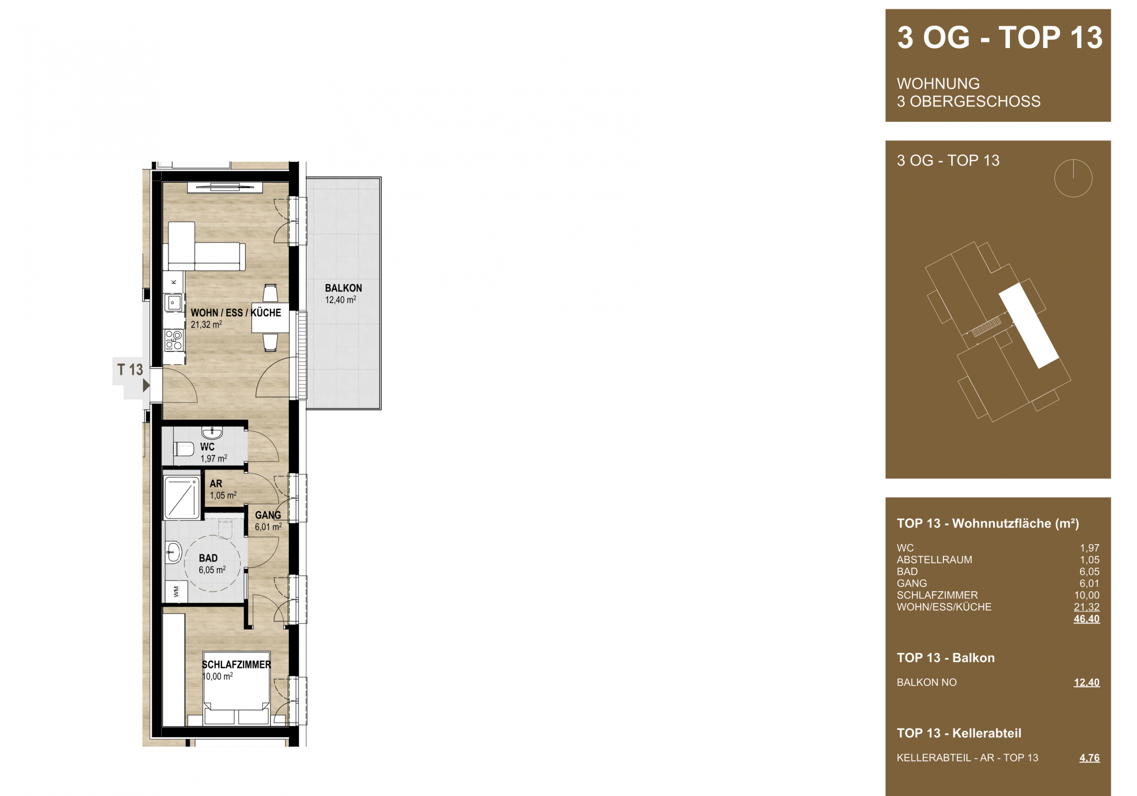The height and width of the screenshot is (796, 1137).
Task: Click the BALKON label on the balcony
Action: (343, 288)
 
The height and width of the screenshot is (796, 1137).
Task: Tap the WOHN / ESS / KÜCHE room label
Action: (236, 313)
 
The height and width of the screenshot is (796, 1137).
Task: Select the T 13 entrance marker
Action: (130, 370)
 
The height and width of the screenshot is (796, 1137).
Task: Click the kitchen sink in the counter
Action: (173, 302)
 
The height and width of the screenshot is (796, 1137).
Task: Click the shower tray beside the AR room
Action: (182, 497)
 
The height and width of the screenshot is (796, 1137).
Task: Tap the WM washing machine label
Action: (176, 591)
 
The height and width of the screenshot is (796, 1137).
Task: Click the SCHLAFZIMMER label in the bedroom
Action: (237, 665)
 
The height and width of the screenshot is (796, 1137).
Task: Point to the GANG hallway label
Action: (268, 515)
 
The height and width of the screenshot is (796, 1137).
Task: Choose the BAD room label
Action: (208, 558)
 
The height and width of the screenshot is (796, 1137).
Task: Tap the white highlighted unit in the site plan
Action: (1029, 326)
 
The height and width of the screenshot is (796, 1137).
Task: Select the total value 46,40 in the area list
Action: (1086, 619)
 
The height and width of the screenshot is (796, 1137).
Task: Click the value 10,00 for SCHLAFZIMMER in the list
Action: (1086, 595)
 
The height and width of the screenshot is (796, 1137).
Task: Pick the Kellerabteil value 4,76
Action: (1089, 758)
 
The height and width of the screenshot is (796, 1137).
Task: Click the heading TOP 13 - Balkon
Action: (946, 658)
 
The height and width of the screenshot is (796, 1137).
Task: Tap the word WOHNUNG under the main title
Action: (938, 84)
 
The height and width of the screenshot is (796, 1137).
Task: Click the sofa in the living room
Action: (207, 246)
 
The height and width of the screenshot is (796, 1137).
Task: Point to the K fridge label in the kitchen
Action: (174, 282)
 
